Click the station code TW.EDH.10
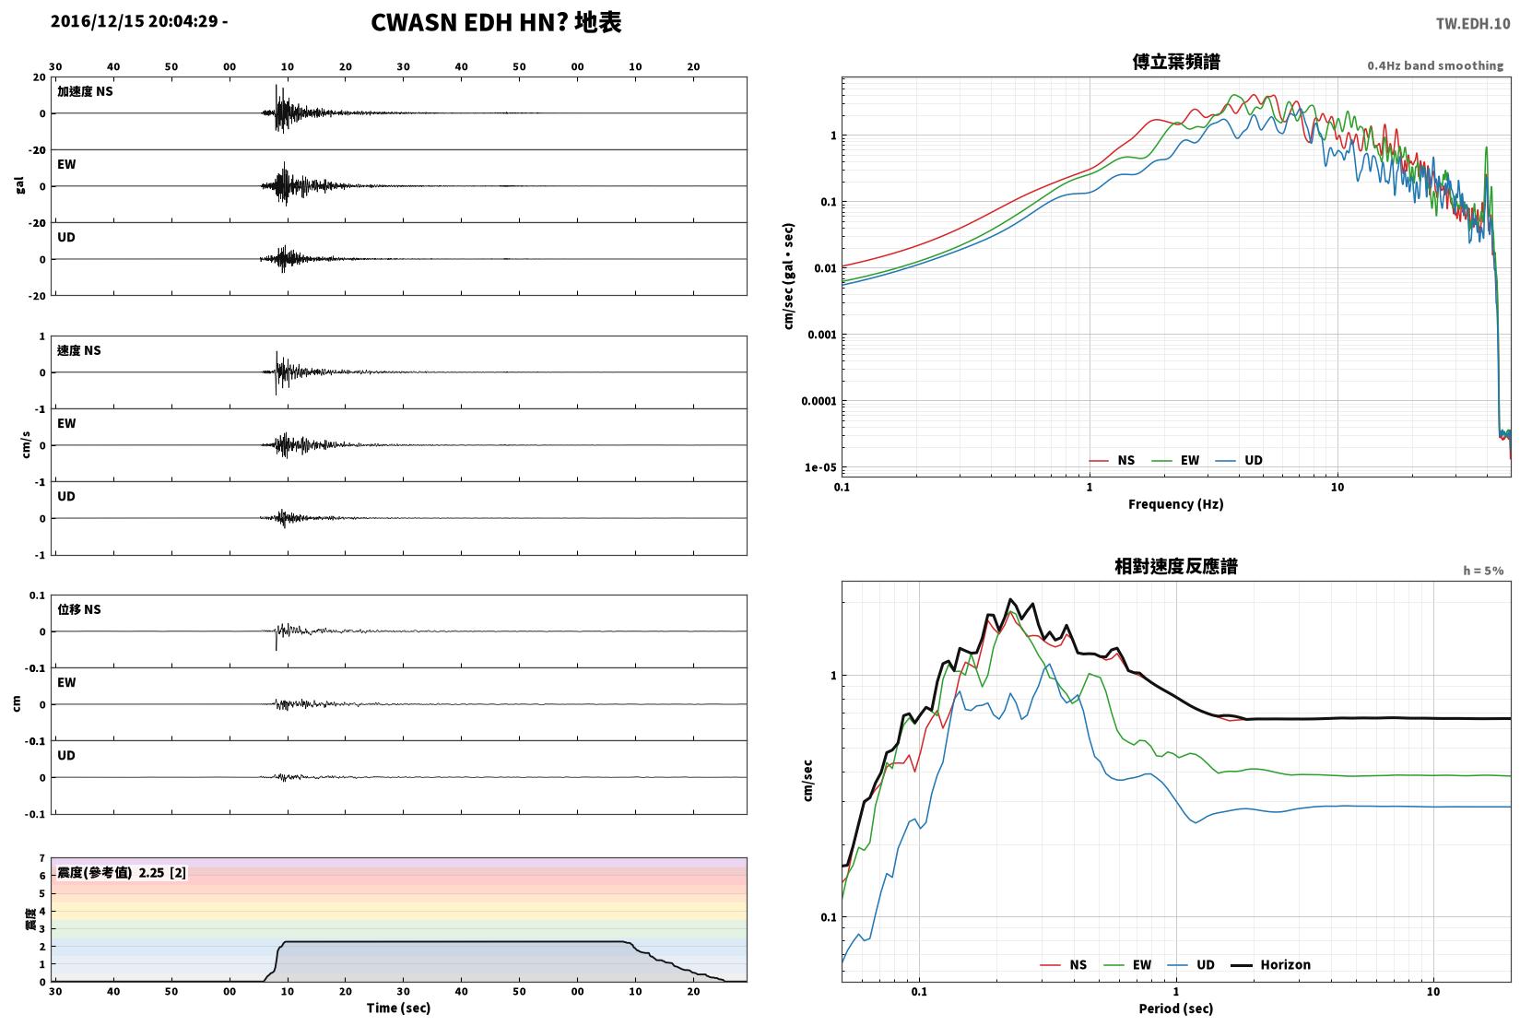[1472, 24]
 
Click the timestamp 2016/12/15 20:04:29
[135, 21]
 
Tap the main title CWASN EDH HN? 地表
[496, 22]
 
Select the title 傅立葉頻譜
[1176, 62]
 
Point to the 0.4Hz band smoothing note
[1435, 65]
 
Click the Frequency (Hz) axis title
[1175, 504]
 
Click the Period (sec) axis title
[1176, 1008]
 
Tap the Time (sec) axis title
[398, 1008]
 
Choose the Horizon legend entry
[1270, 965]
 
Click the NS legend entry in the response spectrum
[1064, 965]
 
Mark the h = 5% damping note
[1483, 571]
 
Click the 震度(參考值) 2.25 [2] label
[122, 873]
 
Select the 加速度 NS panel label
[85, 91]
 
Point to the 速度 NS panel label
[78, 351]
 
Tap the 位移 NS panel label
[78, 609]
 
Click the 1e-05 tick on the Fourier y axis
[820, 467]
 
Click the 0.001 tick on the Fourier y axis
[821, 335]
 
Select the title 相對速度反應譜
[1176, 567]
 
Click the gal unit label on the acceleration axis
[19, 186]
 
